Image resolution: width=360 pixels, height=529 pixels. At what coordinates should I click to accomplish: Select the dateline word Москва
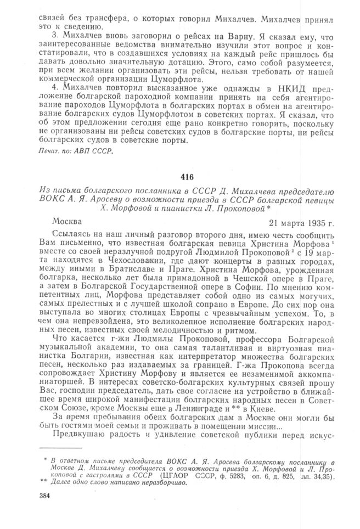click(x=66, y=223)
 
